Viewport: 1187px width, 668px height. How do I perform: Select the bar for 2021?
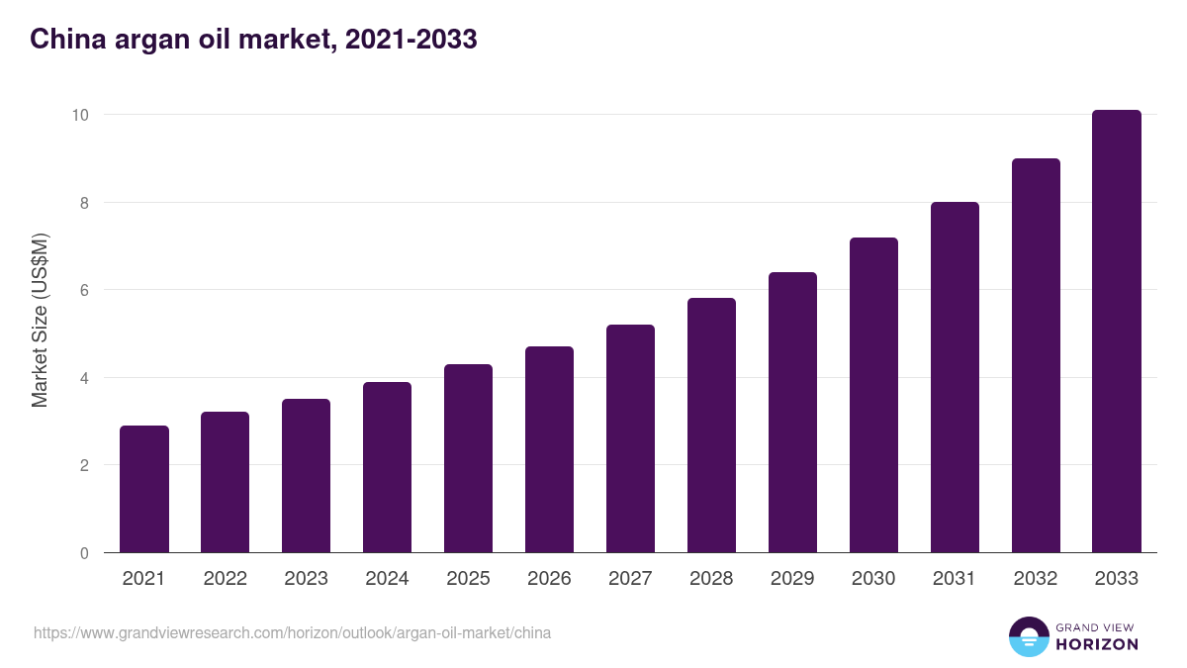pyautogui.click(x=144, y=489)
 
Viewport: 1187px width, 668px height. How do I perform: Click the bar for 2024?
pyautogui.click(x=387, y=467)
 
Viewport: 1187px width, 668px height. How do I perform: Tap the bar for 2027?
pyautogui.click(x=630, y=438)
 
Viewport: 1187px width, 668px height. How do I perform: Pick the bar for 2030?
pyautogui.click(x=873, y=395)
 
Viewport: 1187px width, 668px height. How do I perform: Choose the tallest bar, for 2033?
pyautogui.click(x=1117, y=332)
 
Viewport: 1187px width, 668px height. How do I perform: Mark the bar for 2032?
pyautogui.click(x=1036, y=355)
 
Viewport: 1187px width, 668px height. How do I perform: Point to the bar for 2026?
pyautogui.click(x=549, y=449)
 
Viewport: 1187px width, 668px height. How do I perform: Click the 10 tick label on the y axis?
pyautogui.click(x=80, y=115)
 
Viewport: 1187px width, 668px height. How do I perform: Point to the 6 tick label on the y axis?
pyautogui.click(x=84, y=290)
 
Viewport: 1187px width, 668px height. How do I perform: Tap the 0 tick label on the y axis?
pyautogui.click(x=84, y=553)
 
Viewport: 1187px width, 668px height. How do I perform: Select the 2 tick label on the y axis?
pyautogui.click(x=84, y=465)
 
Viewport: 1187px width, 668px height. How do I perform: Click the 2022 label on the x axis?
pyautogui.click(x=226, y=579)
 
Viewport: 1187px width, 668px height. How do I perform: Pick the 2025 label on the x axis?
pyautogui.click(x=468, y=579)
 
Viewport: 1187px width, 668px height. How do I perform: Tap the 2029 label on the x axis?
pyautogui.click(x=792, y=579)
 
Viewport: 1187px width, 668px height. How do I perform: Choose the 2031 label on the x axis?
pyautogui.click(x=955, y=579)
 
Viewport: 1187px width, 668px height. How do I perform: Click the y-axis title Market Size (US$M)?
pyautogui.click(x=40, y=320)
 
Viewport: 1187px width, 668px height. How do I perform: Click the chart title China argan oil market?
pyautogui.click(x=253, y=40)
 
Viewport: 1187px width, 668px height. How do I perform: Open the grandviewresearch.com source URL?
pyautogui.click(x=292, y=632)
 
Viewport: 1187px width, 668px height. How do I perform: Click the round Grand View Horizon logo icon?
pyautogui.click(x=1029, y=637)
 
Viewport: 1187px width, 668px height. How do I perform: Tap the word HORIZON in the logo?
pyautogui.click(x=1097, y=644)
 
